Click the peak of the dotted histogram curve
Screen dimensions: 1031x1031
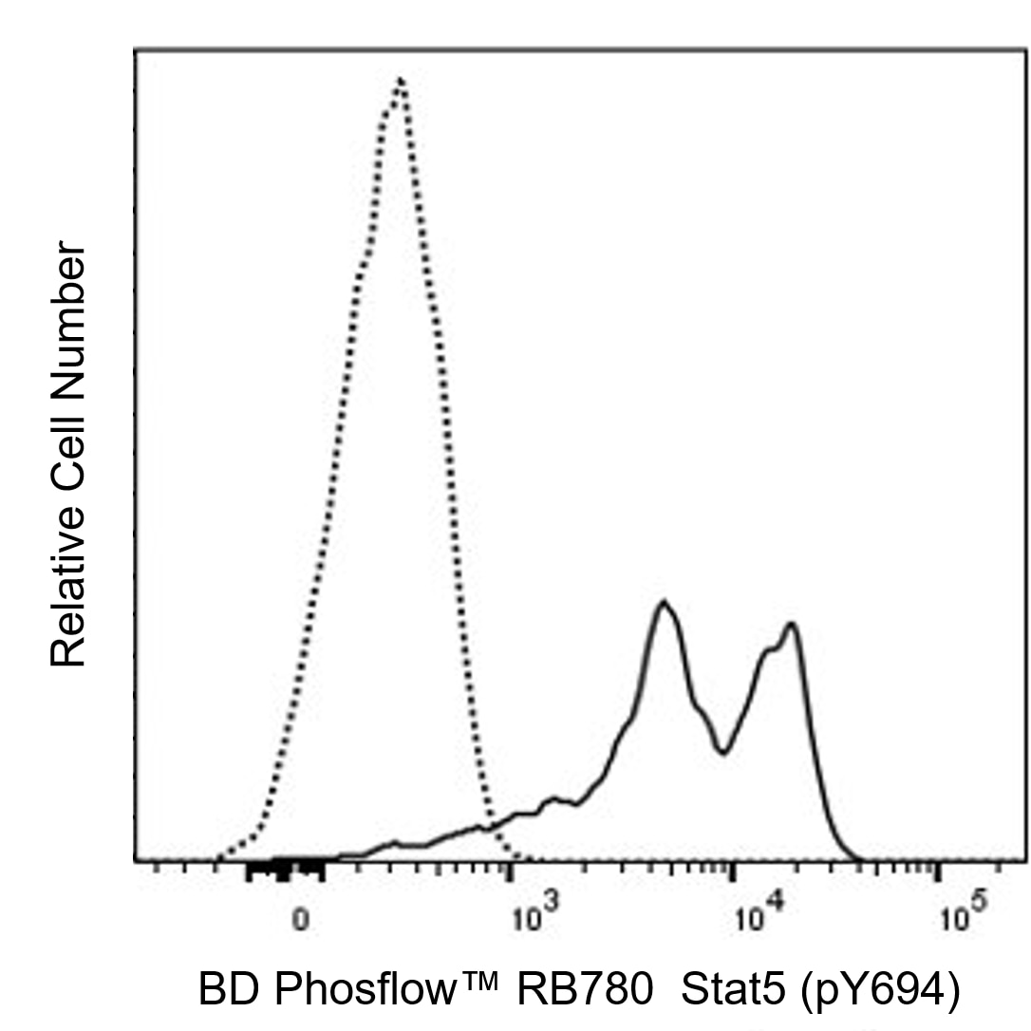(402, 80)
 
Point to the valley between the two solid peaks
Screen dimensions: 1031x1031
(723, 753)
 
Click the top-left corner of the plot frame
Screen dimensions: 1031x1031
(136, 47)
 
